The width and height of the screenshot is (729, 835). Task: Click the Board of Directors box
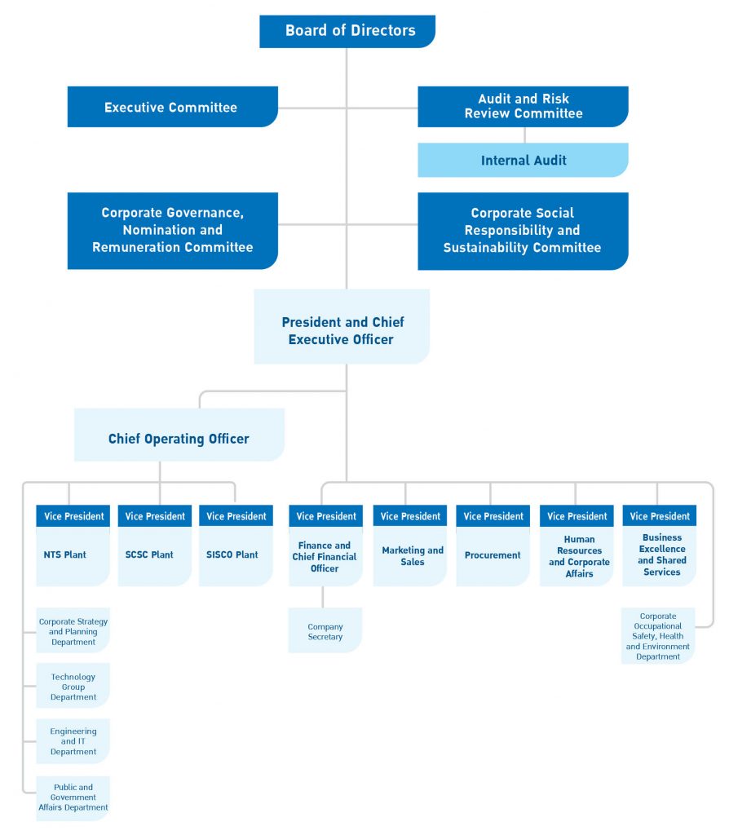click(x=347, y=31)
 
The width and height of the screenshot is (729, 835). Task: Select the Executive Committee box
click(x=172, y=107)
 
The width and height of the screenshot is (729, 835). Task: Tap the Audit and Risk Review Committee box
click(x=523, y=106)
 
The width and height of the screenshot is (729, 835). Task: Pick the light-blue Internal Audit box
click(x=523, y=161)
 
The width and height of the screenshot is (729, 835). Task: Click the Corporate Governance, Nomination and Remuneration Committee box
click(x=172, y=230)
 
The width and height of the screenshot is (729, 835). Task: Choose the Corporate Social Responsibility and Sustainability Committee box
click(x=523, y=230)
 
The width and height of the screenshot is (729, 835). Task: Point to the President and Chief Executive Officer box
click(x=342, y=330)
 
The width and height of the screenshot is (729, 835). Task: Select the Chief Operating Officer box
click(x=179, y=438)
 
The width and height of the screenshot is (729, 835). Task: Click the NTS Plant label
click(x=65, y=554)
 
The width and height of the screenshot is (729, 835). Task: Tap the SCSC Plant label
click(x=149, y=554)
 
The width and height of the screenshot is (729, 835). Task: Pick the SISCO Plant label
click(x=232, y=554)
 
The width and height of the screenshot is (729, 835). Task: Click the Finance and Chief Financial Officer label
click(x=325, y=556)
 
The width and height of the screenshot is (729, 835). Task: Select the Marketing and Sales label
click(x=413, y=555)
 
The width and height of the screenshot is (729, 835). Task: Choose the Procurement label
click(x=492, y=555)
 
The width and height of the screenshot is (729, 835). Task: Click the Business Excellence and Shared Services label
click(x=661, y=555)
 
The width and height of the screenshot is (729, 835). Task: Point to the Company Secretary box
click(x=325, y=631)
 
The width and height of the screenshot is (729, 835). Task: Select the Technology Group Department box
click(x=73, y=687)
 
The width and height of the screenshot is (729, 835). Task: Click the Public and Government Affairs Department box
click(x=73, y=797)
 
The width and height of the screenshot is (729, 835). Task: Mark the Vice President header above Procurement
click(x=492, y=516)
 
